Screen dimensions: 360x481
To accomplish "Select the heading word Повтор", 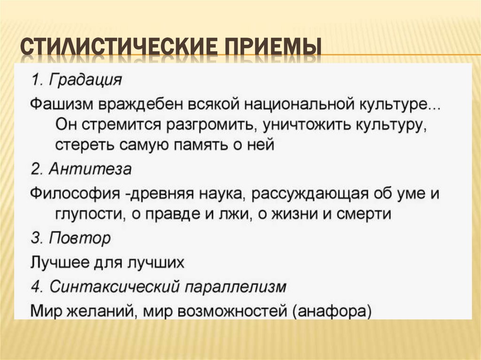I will point(79,238).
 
